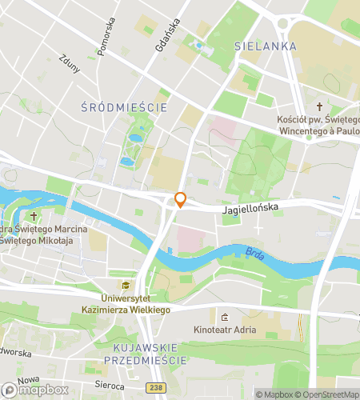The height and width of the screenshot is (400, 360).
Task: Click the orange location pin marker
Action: click(x=181, y=200)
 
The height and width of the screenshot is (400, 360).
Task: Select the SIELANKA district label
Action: click(x=266, y=46)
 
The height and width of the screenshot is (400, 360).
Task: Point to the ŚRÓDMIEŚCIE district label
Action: click(x=125, y=106)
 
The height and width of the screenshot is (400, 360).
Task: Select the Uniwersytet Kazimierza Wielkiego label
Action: click(x=125, y=303)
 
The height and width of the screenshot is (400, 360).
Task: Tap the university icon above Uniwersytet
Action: click(x=125, y=286)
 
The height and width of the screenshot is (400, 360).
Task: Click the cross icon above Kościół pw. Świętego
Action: click(x=319, y=106)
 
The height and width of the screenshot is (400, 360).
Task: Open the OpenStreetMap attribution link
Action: click(x=328, y=394)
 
